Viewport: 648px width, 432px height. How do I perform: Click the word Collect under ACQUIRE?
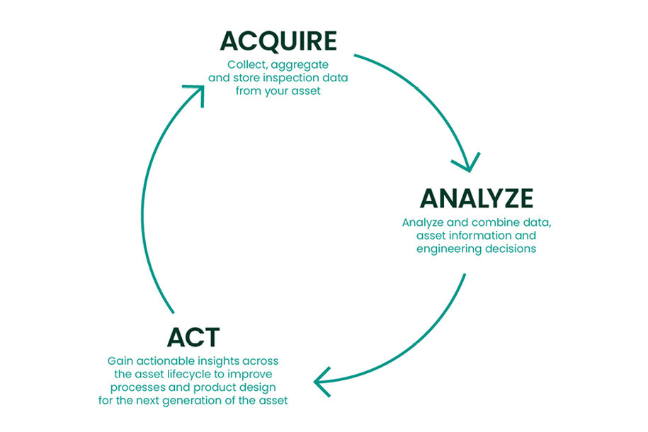(246, 64)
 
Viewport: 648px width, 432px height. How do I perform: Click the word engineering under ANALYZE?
(449, 249)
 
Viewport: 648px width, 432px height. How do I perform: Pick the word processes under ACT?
(132, 387)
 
